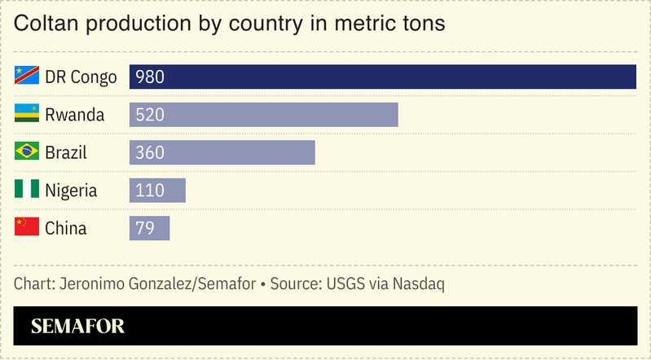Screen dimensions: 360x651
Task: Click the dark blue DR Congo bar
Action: (383, 77)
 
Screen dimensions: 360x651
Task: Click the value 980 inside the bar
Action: (151, 77)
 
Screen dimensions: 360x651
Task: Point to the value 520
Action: (151, 115)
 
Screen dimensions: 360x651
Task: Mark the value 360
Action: (151, 152)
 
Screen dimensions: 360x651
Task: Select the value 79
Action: (145, 228)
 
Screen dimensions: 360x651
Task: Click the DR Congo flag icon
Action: (27, 76)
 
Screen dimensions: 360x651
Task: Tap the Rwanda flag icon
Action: (27, 114)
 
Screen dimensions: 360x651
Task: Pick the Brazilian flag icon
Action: (27, 151)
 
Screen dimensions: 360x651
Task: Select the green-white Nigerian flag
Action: (27, 190)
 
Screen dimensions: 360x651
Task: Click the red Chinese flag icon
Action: (27, 227)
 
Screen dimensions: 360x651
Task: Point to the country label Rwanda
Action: (75, 115)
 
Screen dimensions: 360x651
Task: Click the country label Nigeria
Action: (71, 191)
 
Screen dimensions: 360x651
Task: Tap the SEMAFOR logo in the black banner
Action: (77, 327)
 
